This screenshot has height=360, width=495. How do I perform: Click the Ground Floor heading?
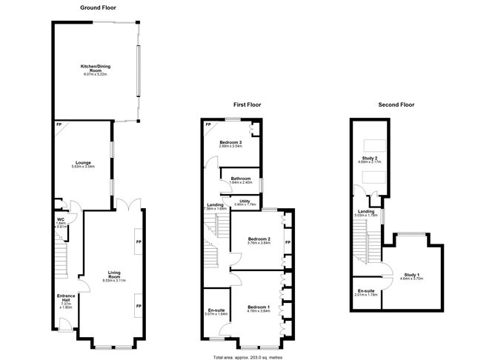pos(97,7)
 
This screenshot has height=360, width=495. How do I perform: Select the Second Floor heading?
pos(396,104)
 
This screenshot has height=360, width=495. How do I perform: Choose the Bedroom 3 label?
pos(232,143)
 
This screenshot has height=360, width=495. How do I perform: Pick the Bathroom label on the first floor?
pos(241,179)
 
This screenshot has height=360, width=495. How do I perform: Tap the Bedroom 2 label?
pos(258,239)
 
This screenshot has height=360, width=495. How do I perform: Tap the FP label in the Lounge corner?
pos(59,124)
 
